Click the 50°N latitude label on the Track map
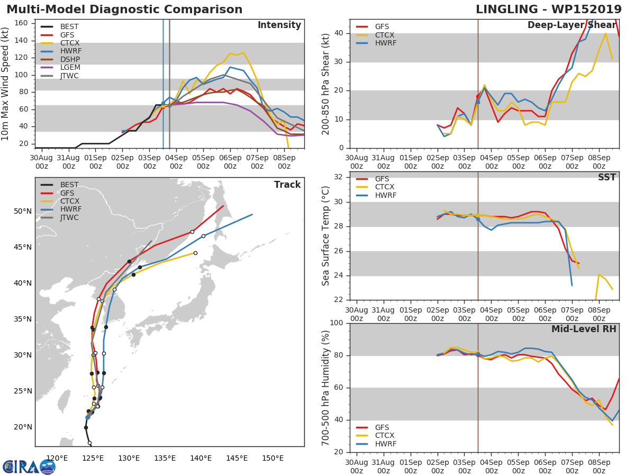(x=23, y=211)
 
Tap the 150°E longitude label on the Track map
(x=273, y=459)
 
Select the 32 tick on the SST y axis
(x=339, y=177)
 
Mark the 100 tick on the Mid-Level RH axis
(x=337, y=323)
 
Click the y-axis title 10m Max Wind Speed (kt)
(x=5, y=84)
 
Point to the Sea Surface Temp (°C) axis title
(x=325, y=236)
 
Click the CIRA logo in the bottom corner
(x=29, y=466)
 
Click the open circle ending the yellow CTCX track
(x=195, y=253)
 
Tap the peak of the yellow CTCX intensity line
(x=243, y=52)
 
